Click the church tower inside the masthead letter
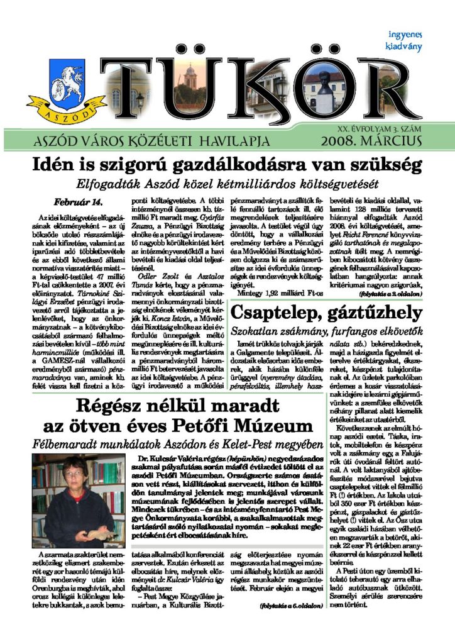coord(190,79)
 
